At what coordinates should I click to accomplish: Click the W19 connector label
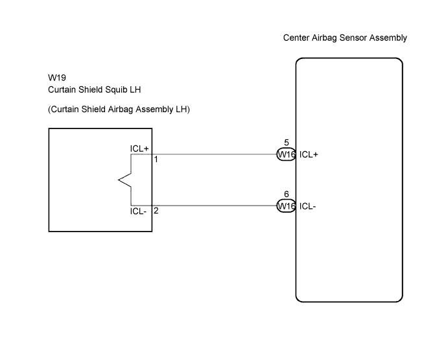pyautogui.click(x=57, y=78)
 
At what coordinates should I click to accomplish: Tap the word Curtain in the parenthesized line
pyautogui.click(x=65, y=109)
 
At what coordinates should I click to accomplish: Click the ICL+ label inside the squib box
pyautogui.click(x=139, y=149)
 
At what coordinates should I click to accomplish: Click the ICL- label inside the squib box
pyautogui.click(x=138, y=211)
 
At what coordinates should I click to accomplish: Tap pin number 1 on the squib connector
pyautogui.click(x=156, y=160)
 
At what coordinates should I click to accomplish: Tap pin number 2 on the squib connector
pyautogui.click(x=156, y=211)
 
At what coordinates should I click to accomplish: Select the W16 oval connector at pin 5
pyautogui.click(x=287, y=154)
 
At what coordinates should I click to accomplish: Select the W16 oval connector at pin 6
pyautogui.click(x=287, y=206)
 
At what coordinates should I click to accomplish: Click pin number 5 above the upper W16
pyautogui.click(x=287, y=143)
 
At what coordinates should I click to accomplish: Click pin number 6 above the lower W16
pyautogui.click(x=287, y=194)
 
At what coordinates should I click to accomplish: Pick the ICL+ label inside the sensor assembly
pyautogui.click(x=309, y=154)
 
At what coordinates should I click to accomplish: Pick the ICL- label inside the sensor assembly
pyautogui.click(x=308, y=206)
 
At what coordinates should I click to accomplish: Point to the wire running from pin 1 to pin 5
pyautogui.click(x=215, y=154)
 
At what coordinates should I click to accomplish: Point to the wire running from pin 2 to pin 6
pyautogui.click(x=215, y=206)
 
